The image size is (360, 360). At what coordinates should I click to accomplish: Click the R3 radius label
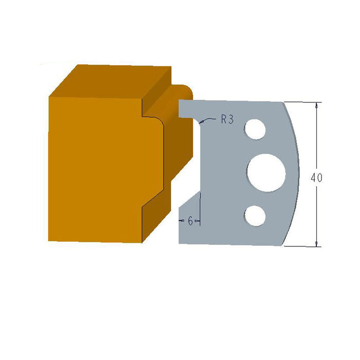point(228,120)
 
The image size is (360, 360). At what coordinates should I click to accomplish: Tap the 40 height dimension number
point(317,178)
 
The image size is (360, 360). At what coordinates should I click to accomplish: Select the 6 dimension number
point(190,221)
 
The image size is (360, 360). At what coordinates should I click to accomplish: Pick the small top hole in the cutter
point(255,130)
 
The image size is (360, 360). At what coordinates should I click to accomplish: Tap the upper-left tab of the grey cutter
point(188,108)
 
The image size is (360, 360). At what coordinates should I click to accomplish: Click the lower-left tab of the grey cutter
point(188,231)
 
